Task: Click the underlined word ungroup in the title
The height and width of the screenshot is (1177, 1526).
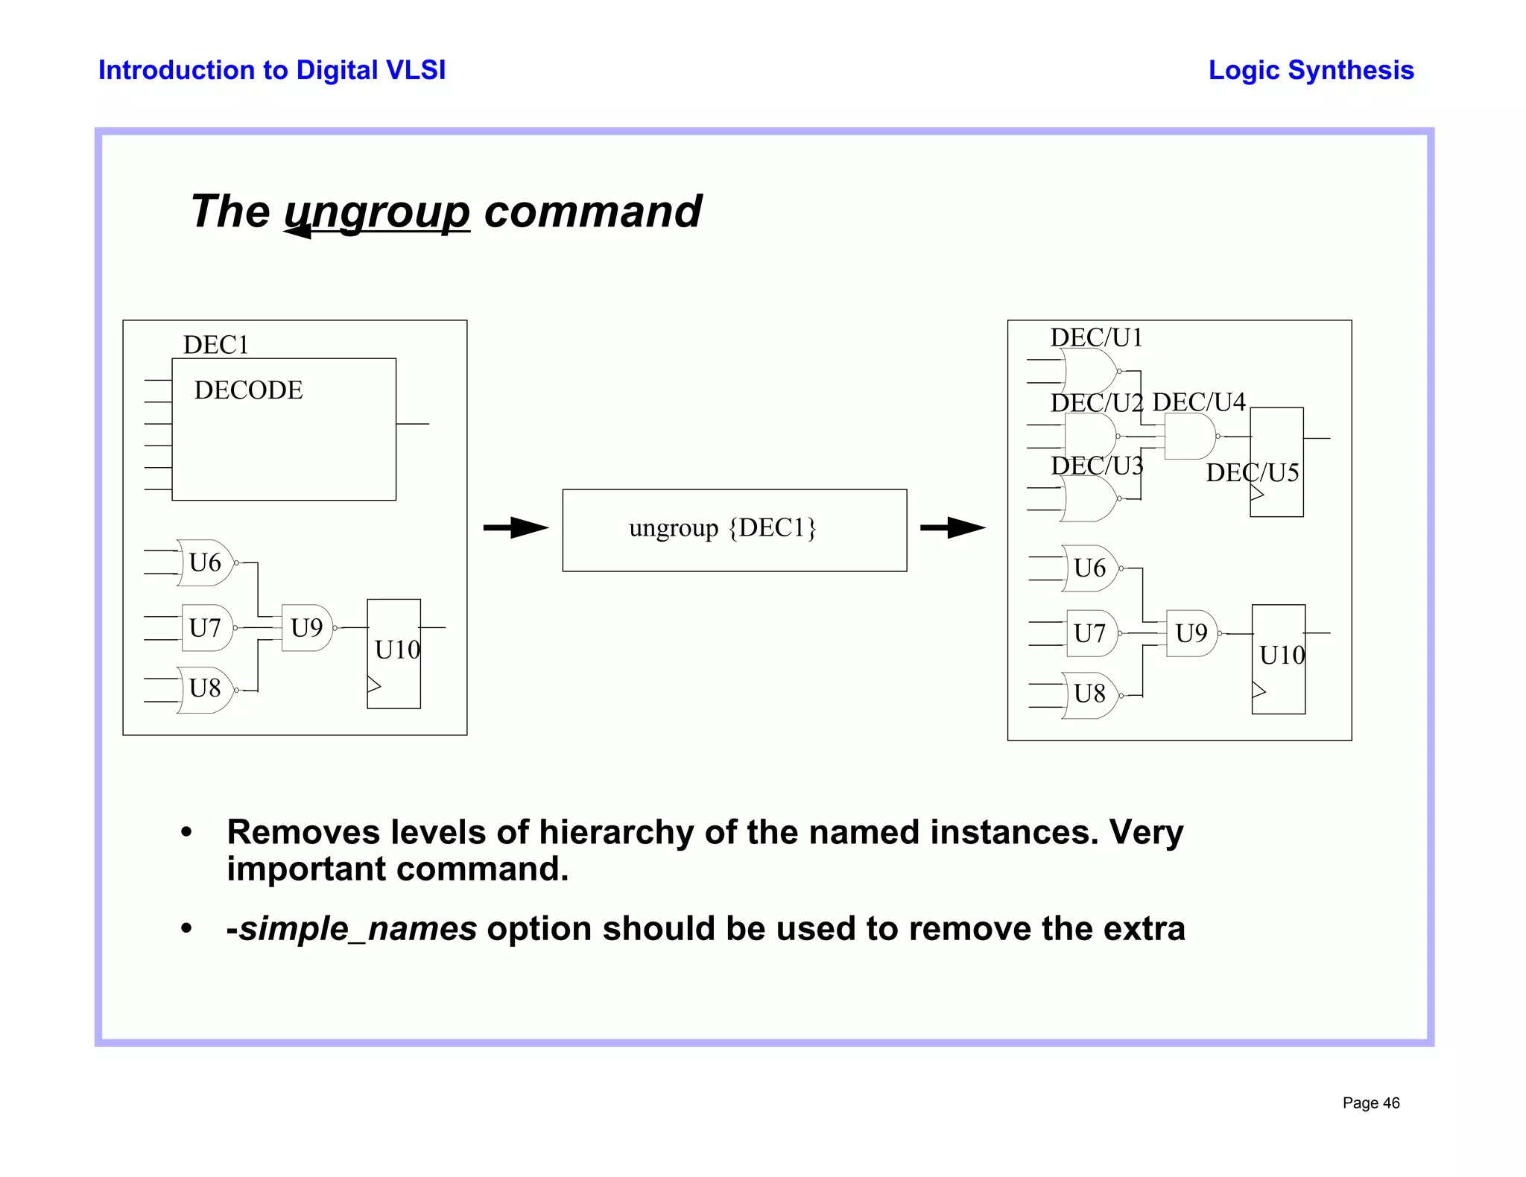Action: pos(377,212)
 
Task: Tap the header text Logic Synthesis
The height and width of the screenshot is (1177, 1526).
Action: pos(1311,70)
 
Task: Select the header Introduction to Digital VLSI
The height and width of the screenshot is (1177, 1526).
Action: pos(272,70)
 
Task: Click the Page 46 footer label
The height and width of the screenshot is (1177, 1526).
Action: pos(1370,1103)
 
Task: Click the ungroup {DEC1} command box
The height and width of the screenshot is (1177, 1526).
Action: pos(734,530)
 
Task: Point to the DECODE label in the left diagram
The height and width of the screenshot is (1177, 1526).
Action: pos(248,390)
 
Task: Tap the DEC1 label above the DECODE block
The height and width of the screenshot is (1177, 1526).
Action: pos(215,345)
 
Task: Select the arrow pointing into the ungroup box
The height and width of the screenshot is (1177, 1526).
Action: pos(516,527)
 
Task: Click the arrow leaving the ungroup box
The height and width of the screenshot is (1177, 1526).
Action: pos(952,527)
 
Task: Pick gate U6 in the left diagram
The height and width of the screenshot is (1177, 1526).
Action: pos(205,562)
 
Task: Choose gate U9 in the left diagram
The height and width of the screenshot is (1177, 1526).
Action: pos(306,628)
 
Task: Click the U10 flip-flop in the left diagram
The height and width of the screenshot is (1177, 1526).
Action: pos(394,653)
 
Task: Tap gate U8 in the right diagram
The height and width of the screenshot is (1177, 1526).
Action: pos(1089,694)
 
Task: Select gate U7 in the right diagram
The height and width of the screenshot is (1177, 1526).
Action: pos(1089,634)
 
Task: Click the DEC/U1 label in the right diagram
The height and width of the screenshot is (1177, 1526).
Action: pos(1096,337)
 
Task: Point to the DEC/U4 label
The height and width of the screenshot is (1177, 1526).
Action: pos(1198,402)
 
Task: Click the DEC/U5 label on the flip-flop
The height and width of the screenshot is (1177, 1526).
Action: pos(1252,472)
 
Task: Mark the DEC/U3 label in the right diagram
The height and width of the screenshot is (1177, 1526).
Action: pos(1096,466)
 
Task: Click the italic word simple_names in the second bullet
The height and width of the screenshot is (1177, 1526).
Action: pos(358,929)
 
